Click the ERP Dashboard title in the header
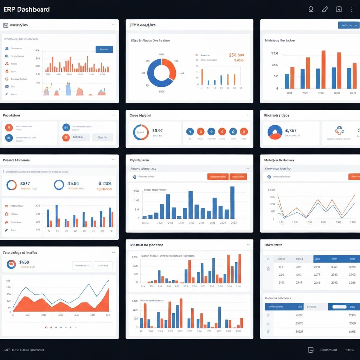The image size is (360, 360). [x=26, y=9]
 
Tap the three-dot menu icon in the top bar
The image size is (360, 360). [x=352, y=9]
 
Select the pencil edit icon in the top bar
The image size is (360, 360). [x=325, y=9]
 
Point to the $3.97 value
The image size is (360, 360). [x=158, y=131]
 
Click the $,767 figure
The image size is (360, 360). [x=291, y=130]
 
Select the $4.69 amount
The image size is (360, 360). [x=24, y=262]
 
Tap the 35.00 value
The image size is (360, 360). [x=73, y=183]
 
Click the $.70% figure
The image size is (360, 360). [x=105, y=183]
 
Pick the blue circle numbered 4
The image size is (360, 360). [x=190, y=132]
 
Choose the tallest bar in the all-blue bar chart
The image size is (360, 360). [x=232, y=202]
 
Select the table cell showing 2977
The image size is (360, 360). [x=317, y=275]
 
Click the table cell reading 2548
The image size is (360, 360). [x=299, y=282]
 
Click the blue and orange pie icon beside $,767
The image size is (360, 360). [x=275, y=132]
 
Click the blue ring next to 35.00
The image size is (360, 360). [x=59, y=185]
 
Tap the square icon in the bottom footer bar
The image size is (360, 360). [x=311, y=350]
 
